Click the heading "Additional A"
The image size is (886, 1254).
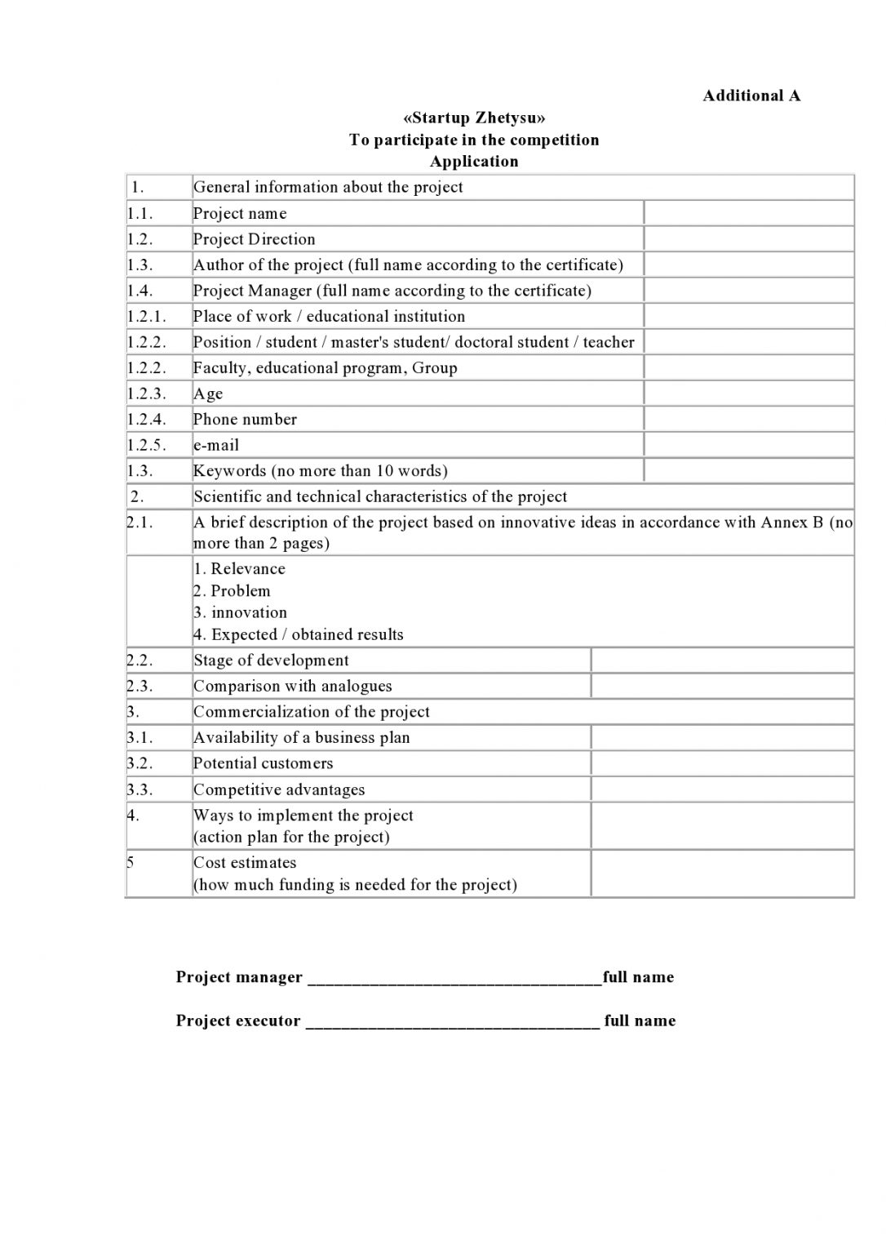[x=751, y=96]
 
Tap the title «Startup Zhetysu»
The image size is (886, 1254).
[x=474, y=118]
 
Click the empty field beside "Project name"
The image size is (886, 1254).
[x=748, y=213]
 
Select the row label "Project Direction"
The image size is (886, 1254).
[x=254, y=239]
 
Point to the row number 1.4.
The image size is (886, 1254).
[x=140, y=291]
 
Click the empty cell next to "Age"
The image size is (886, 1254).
[x=748, y=394]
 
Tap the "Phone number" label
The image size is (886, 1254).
[x=245, y=420]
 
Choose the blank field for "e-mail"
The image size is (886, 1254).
[x=748, y=445]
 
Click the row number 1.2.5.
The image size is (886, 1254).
[x=146, y=445]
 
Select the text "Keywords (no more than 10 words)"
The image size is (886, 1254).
[x=320, y=471]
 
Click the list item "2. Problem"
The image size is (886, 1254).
[x=232, y=591]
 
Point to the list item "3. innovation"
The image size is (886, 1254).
[x=240, y=613]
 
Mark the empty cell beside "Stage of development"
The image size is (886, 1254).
[x=722, y=660]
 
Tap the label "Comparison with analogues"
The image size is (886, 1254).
[x=292, y=687]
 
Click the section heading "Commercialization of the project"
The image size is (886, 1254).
[x=311, y=712]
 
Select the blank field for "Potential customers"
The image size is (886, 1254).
[x=722, y=763]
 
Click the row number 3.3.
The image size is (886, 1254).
[x=140, y=789]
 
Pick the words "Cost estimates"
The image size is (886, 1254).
[x=244, y=863]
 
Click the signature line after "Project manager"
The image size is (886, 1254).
[x=454, y=978]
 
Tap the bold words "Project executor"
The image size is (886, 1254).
[x=238, y=1021]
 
